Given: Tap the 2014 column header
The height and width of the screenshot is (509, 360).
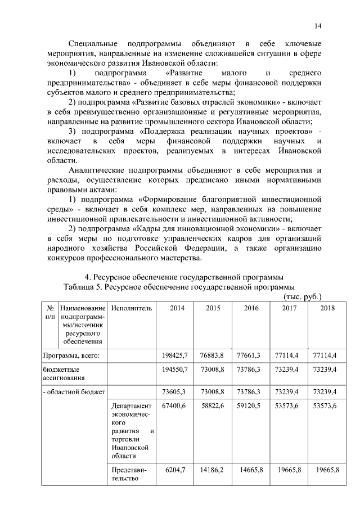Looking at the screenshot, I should point(177,308).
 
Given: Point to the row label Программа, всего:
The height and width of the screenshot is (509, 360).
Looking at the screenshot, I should point(71,355).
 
